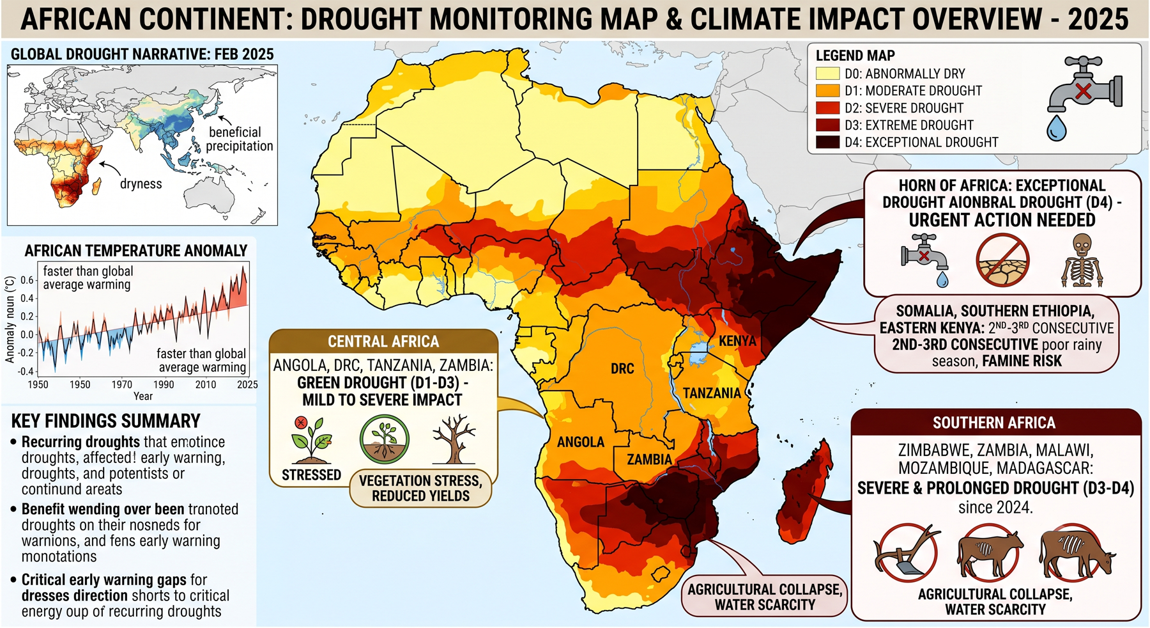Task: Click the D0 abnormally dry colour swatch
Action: pyautogui.click(x=827, y=74)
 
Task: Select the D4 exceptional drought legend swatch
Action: pyautogui.click(x=827, y=142)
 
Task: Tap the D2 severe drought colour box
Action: pyautogui.click(x=827, y=107)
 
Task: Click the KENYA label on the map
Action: pyautogui.click(x=737, y=341)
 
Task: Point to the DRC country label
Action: pyautogui.click(x=622, y=368)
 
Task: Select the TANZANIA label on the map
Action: pyautogui.click(x=712, y=393)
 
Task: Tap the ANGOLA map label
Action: pyautogui.click(x=580, y=442)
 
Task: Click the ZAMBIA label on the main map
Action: pyautogui.click(x=649, y=459)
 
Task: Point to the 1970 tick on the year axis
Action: pyautogui.click(x=122, y=384)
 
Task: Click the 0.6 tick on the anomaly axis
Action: pyautogui.click(x=27, y=280)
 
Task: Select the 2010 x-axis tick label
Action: pyautogui.click(x=206, y=384)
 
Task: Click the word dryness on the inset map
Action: pyautogui.click(x=141, y=184)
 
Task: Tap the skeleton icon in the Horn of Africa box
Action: pyautogui.click(x=1082, y=260)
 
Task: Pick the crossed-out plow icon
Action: pyautogui.click(x=905, y=553)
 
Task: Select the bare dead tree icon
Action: pyautogui.click(x=454, y=439)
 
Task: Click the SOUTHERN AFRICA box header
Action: pyautogui.click(x=994, y=423)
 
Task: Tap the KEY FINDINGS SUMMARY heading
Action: pyautogui.click(x=106, y=421)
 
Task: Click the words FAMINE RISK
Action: pyautogui.click(x=1022, y=361)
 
